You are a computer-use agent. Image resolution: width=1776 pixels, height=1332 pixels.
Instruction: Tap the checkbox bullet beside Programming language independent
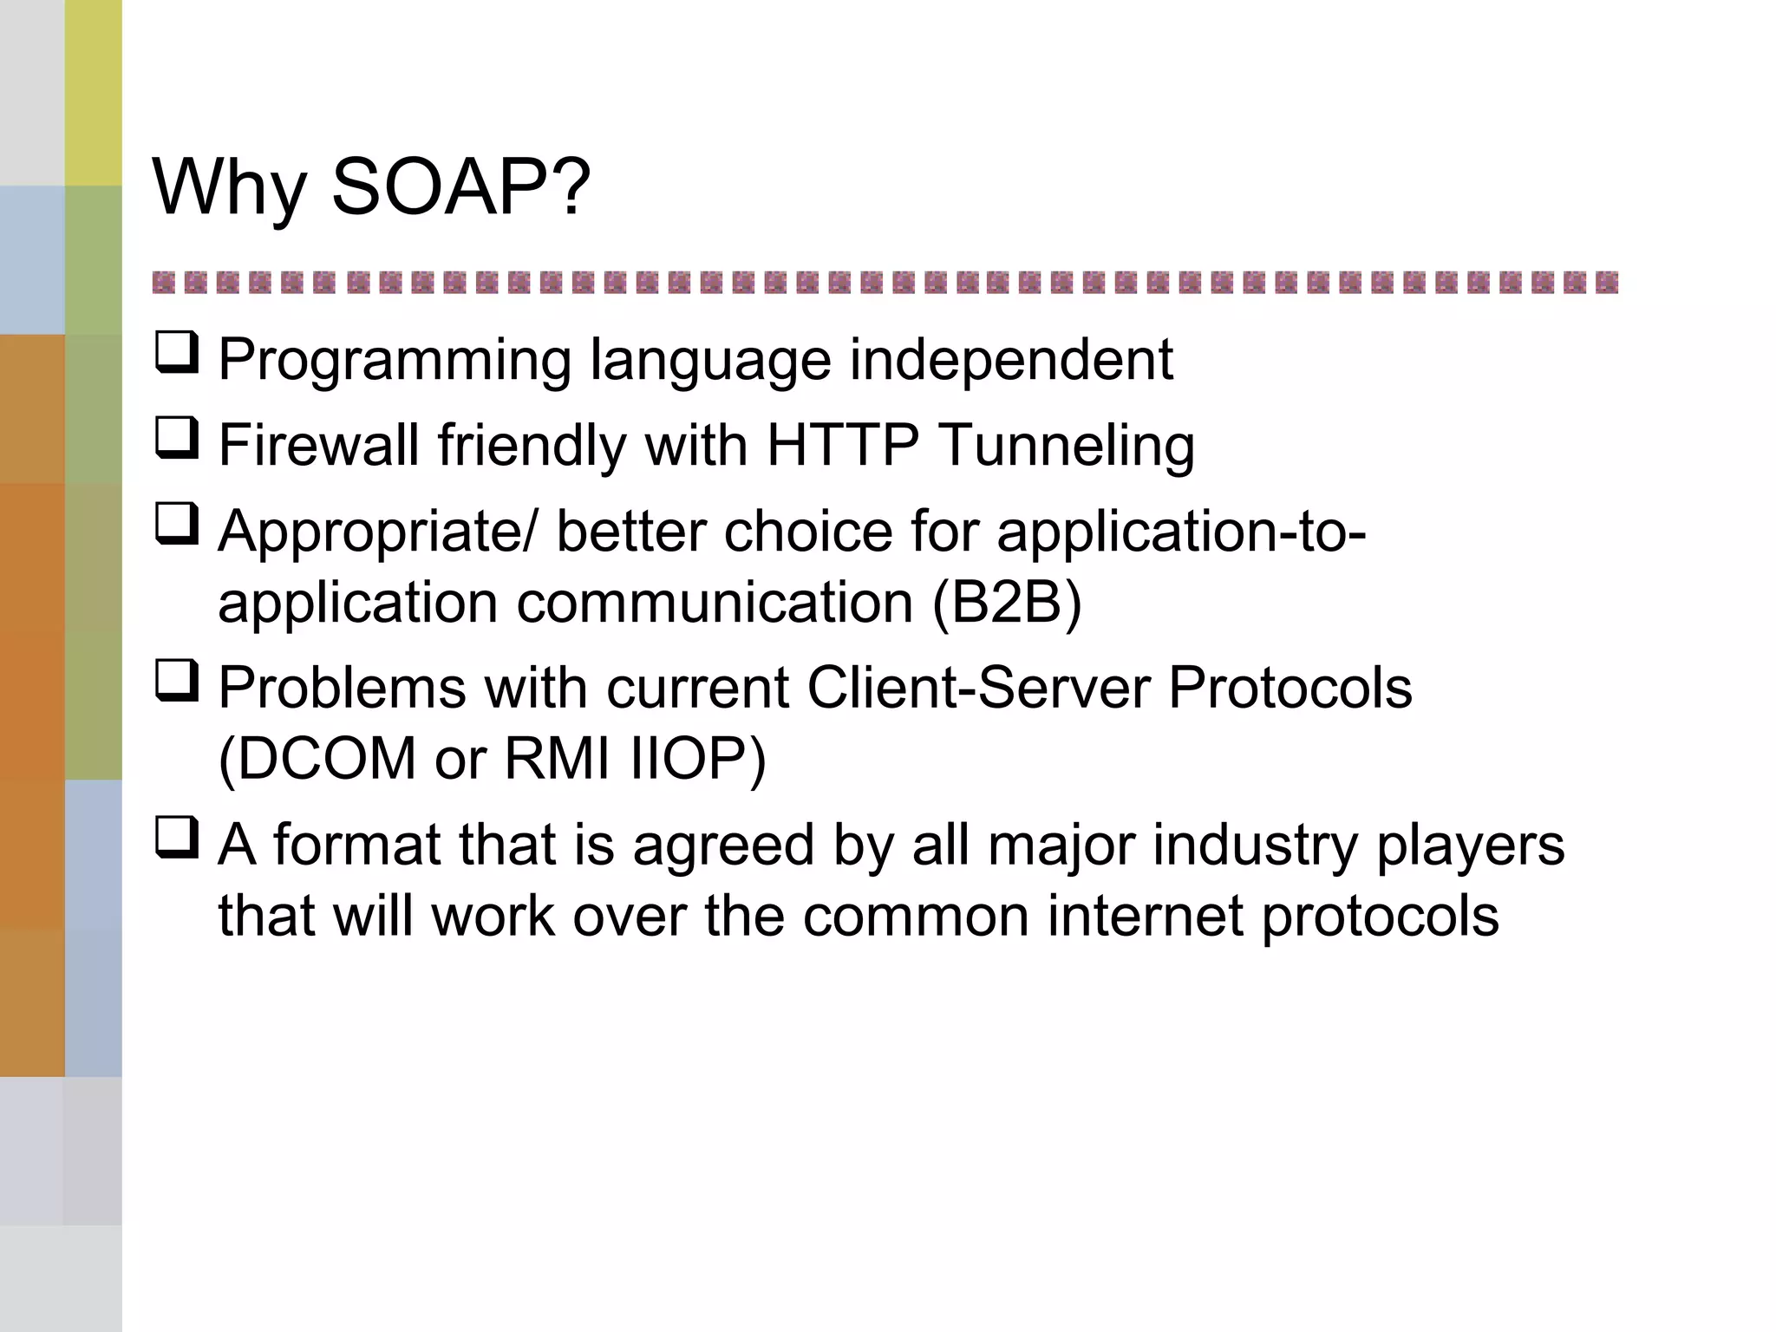tap(177, 353)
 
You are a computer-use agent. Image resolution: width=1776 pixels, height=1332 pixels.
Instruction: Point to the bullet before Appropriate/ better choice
tap(177, 524)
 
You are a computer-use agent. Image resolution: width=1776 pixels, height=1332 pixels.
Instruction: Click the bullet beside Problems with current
tap(177, 681)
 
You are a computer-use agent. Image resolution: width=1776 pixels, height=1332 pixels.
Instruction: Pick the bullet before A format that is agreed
tap(177, 838)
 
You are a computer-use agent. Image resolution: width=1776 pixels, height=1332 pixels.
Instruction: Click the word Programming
tap(395, 361)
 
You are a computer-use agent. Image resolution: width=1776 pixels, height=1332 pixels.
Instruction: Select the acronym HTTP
tap(842, 445)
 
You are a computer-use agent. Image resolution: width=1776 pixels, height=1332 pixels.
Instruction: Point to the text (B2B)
tap(1007, 603)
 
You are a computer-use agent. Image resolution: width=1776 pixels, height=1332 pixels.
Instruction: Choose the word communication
tap(715, 603)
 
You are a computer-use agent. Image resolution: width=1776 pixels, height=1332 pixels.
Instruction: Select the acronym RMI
tap(557, 759)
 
